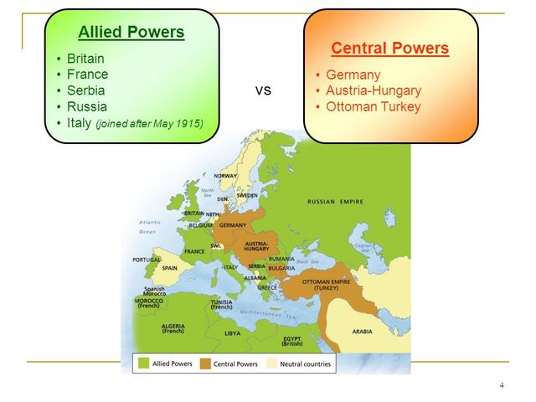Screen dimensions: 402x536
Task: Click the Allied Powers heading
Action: [x=131, y=33]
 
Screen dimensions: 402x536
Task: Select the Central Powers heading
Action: [x=390, y=48]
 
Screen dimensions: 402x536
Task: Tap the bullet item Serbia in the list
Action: [x=87, y=90]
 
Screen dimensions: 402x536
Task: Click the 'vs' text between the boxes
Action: [x=262, y=90]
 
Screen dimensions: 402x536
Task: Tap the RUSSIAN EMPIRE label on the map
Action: [x=336, y=202]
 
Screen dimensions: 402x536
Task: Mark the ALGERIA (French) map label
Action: [x=173, y=327]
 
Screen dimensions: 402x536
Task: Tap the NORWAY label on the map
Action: [x=225, y=176]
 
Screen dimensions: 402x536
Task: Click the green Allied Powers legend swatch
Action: [x=143, y=364]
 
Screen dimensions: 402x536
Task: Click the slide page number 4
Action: [x=501, y=385]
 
